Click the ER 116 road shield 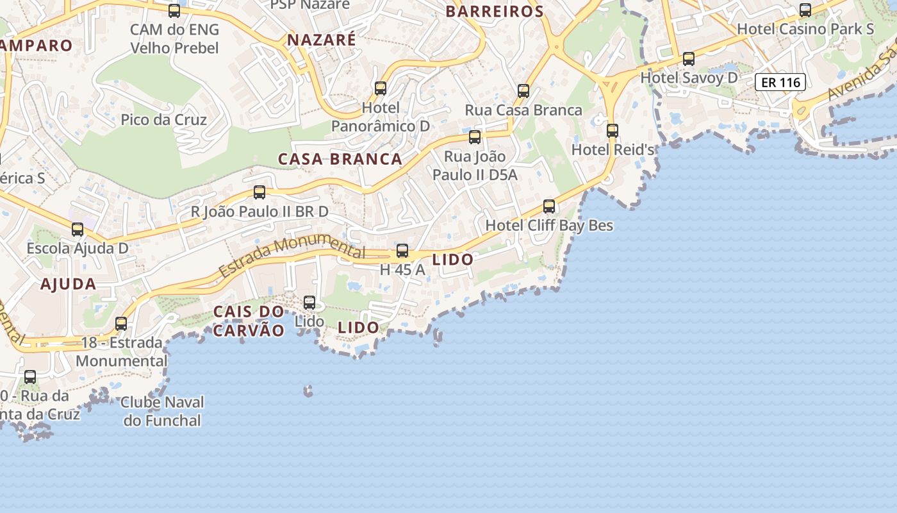click(780, 82)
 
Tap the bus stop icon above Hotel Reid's click(613, 131)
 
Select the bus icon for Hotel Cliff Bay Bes click(549, 206)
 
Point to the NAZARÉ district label click(321, 40)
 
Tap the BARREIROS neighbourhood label click(495, 12)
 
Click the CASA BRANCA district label click(340, 159)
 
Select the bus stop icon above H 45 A click(402, 251)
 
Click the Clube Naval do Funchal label click(162, 412)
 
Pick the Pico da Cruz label click(163, 120)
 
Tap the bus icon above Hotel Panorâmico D click(381, 88)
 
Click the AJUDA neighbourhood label click(69, 284)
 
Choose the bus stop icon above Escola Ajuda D click(78, 230)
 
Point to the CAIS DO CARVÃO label click(249, 321)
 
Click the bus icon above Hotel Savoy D click(689, 59)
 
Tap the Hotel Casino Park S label click(805, 29)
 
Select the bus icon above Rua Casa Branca click(523, 91)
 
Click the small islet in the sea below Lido click(308, 391)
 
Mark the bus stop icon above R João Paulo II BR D click(259, 192)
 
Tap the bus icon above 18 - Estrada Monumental click(121, 324)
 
